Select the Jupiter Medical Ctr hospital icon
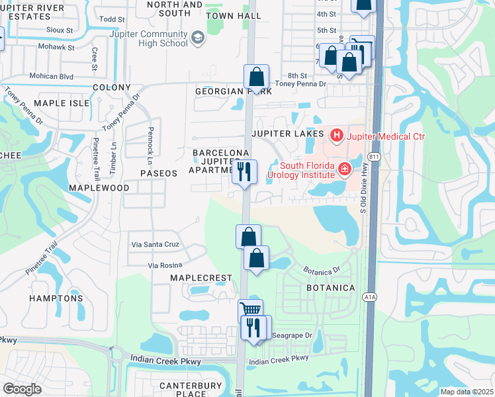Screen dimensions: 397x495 coord(337,136)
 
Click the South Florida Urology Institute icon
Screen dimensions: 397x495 coord(344,170)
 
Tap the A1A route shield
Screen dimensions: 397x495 coord(369,298)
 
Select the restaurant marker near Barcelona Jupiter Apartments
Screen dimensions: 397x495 coord(245,173)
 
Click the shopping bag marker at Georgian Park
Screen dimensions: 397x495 coord(256,77)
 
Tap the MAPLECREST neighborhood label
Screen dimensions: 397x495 coord(201,278)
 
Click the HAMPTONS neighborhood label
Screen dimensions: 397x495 coord(56,298)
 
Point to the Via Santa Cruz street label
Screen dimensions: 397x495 coord(156,244)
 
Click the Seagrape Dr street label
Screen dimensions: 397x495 coord(292,335)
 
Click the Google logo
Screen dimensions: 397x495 coord(22,388)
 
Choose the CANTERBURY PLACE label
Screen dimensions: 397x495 coord(183,390)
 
